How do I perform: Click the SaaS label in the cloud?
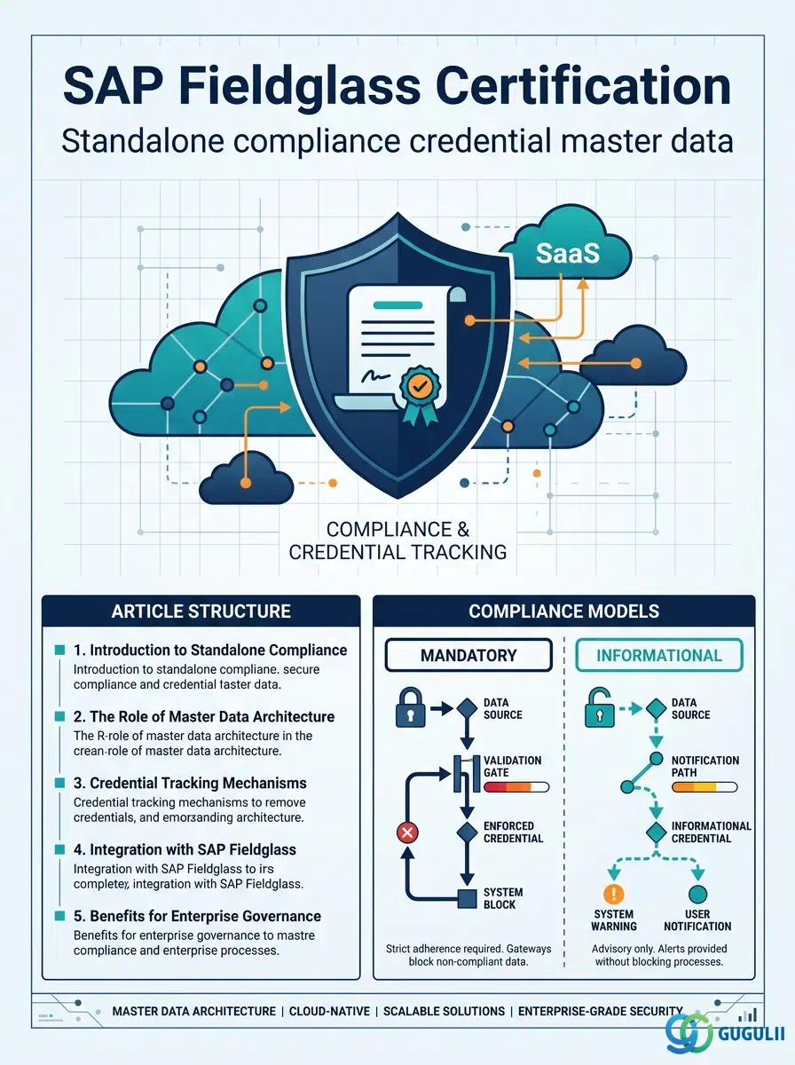click(568, 253)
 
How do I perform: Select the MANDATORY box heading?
click(468, 655)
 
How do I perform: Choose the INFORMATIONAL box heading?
click(658, 655)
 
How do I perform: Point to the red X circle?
click(407, 832)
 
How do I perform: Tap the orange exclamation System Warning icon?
click(614, 893)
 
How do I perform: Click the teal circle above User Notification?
click(697, 893)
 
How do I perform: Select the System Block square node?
click(467, 898)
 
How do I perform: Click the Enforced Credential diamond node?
click(467, 832)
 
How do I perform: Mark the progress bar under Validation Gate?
click(516, 787)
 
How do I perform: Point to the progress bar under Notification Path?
click(704, 787)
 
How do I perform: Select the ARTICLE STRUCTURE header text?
click(201, 611)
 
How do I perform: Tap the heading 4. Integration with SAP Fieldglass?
click(185, 849)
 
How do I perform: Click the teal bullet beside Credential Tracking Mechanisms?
click(60, 783)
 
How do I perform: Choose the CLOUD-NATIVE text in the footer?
click(329, 1011)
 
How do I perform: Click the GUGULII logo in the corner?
click(725, 1032)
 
